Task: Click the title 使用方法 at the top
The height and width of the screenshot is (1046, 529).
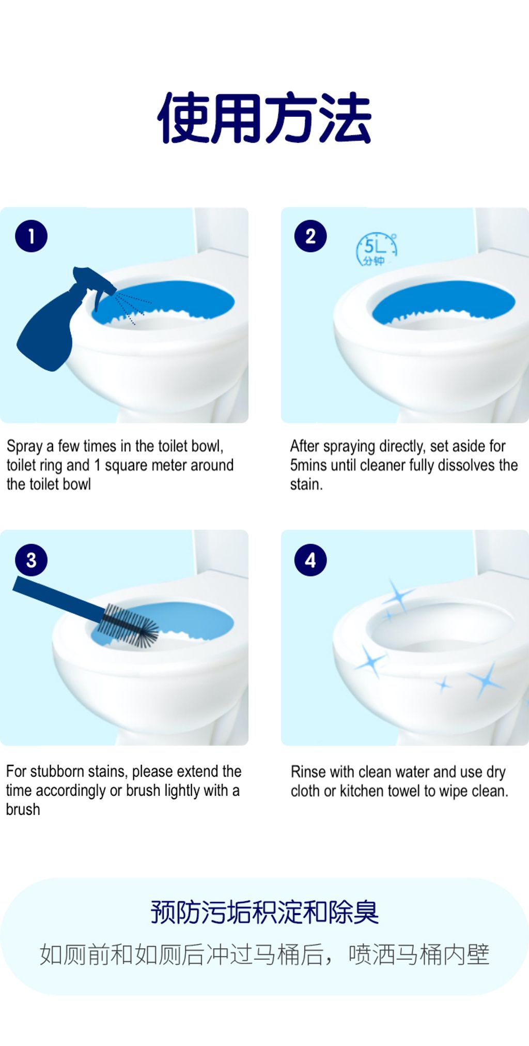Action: point(264,118)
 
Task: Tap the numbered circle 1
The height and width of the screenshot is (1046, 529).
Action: point(31,236)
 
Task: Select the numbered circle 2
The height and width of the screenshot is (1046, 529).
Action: point(310,236)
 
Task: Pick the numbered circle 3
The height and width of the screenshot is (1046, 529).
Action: point(31,560)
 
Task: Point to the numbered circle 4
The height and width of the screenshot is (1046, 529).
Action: point(310,560)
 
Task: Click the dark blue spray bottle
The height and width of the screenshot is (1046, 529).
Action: point(57,321)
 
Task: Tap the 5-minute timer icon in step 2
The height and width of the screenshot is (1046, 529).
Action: point(377,250)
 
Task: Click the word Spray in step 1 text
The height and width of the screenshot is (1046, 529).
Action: point(25,446)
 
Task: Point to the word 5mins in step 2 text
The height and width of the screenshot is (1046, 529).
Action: point(308,465)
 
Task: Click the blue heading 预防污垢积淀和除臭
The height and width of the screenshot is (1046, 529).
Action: point(264,912)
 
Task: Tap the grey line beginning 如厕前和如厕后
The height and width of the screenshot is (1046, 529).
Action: point(264,954)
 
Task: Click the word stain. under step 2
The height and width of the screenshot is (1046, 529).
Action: point(306,484)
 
